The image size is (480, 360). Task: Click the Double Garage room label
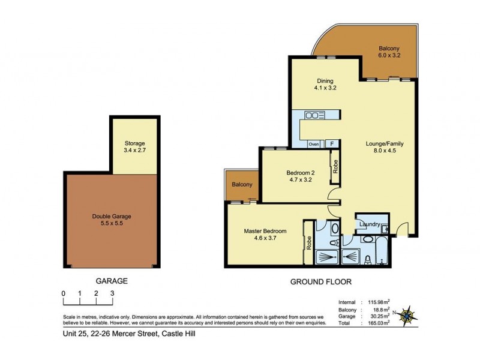(x=112, y=217)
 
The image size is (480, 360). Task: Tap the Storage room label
(x=135, y=143)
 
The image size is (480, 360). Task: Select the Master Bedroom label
(x=265, y=231)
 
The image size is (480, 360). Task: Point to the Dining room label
(x=325, y=81)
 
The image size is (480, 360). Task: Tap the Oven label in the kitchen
(x=313, y=144)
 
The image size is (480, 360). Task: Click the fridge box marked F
(x=331, y=144)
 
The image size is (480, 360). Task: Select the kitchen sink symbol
(x=314, y=115)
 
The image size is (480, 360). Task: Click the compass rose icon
(x=409, y=313)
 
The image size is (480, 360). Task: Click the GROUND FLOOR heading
(x=320, y=281)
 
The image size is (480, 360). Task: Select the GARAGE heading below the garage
(x=111, y=281)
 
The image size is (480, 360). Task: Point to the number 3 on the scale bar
(x=112, y=293)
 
